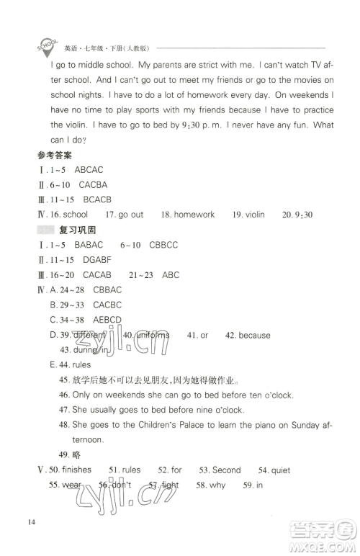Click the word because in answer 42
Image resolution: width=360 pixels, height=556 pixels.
pyautogui.click(x=254, y=335)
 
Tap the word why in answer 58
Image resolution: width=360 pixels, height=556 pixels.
pyautogui.click(x=217, y=485)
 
